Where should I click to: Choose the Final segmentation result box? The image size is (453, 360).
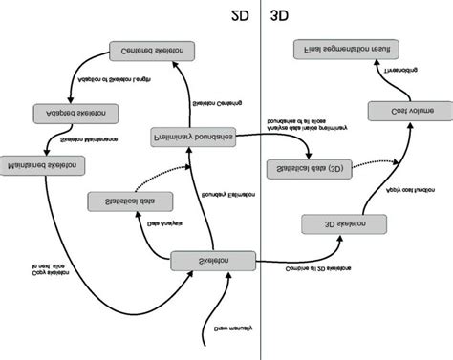click(x=342, y=48)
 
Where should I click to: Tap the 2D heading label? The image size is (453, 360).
click(x=243, y=15)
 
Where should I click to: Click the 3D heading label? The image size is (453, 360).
click(x=283, y=15)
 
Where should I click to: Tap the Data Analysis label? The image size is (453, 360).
click(x=165, y=227)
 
